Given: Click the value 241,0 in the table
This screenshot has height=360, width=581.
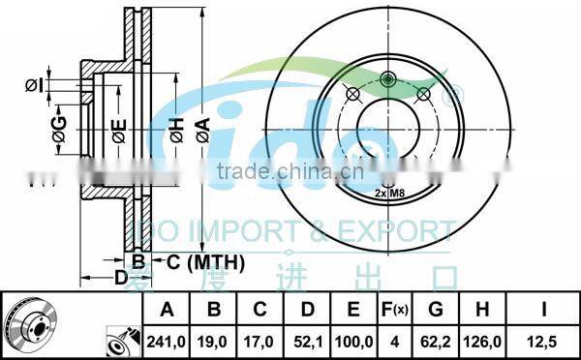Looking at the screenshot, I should click(x=165, y=340).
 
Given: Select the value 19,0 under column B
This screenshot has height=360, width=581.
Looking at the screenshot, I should click(x=215, y=340).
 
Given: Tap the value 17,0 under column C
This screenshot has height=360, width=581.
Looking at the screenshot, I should click(x=260, y=340).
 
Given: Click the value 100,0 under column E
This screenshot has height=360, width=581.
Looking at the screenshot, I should click(x=354, y=340).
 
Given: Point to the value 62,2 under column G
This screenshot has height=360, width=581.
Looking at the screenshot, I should click(x=436, y=340).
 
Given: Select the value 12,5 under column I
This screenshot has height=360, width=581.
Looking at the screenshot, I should click(x=547, y=340).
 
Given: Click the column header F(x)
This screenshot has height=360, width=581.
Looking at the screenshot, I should click(x=394, y=311).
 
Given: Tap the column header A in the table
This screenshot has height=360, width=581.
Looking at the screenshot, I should click(x=165, y=311).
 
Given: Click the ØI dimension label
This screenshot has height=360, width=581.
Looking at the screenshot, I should click(x=35, y=85).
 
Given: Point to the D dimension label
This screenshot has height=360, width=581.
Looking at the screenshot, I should click(x=121, y=278).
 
